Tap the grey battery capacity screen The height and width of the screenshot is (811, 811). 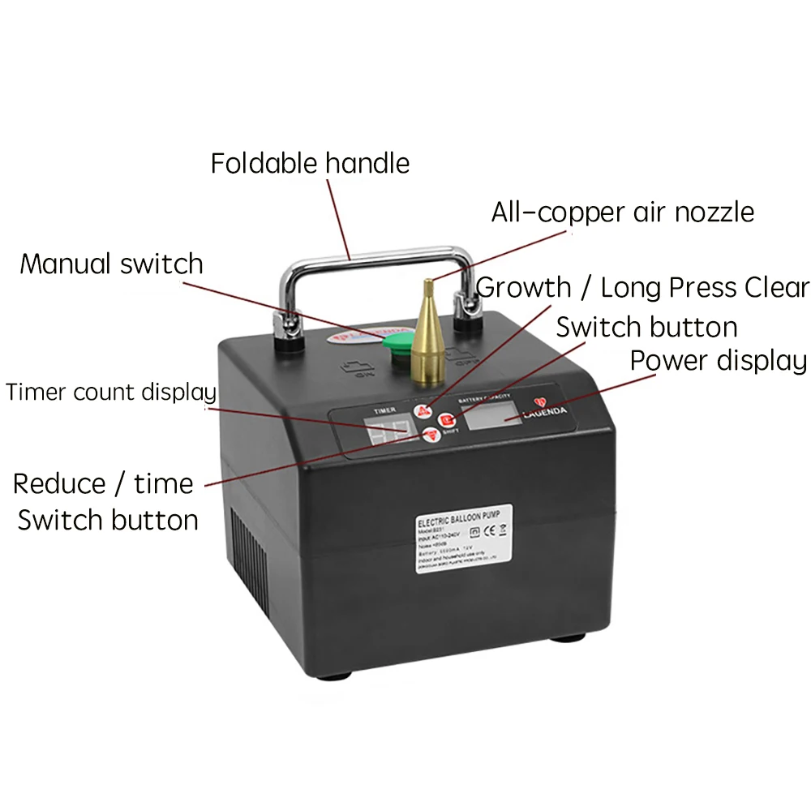click(x=497, y=417)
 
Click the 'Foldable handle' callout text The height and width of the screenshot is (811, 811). click(x=310, y=163)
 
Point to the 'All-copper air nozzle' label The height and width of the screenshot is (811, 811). click(x=622, y=212)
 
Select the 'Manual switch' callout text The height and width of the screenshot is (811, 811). click(x=111, y=264)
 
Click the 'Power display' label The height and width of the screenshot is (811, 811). click(x=718, y=361)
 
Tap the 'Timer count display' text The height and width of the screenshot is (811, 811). click(x=111, y=393)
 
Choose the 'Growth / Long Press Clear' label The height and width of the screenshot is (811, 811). click(x=642, y=287)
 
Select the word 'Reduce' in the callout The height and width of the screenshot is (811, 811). click(x=59, y=484)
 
